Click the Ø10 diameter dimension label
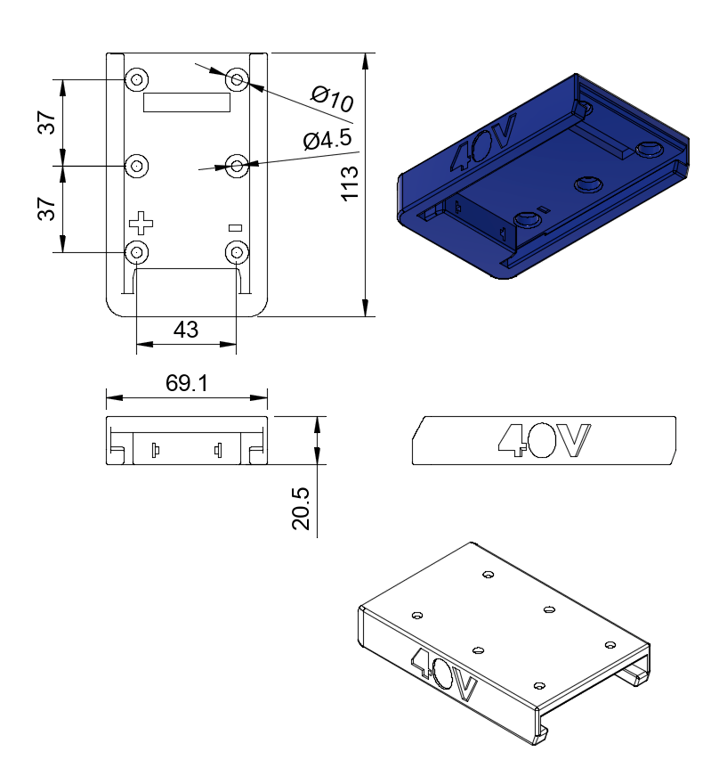pos(332,98)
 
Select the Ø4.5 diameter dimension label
pos(327,140)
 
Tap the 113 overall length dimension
pos(350,184)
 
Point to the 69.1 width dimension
pos(186,383)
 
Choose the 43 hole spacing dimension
pos(186,330)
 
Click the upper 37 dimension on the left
pos(46,122)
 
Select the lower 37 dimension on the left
pos(46,209)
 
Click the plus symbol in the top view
pos(141,224)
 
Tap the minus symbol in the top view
pos(235,228)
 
